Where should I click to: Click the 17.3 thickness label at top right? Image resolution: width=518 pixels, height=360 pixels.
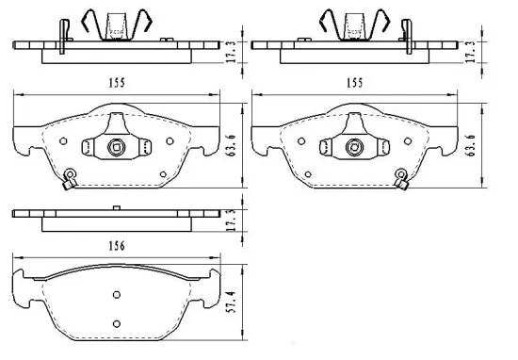[470, 51]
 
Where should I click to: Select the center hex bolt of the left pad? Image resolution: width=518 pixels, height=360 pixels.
[115, 146]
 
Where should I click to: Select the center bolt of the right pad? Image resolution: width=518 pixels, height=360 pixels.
[356, 146]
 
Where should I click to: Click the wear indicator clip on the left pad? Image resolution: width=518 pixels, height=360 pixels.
[68, 178]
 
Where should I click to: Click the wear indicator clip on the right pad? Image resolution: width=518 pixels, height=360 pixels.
[403, 177]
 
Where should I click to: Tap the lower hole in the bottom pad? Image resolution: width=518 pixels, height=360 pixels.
[116, 323]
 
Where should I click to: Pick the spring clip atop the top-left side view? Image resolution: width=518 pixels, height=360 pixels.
[116, 21]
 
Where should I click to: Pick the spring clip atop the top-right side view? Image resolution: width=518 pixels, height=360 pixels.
[355, 21]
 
